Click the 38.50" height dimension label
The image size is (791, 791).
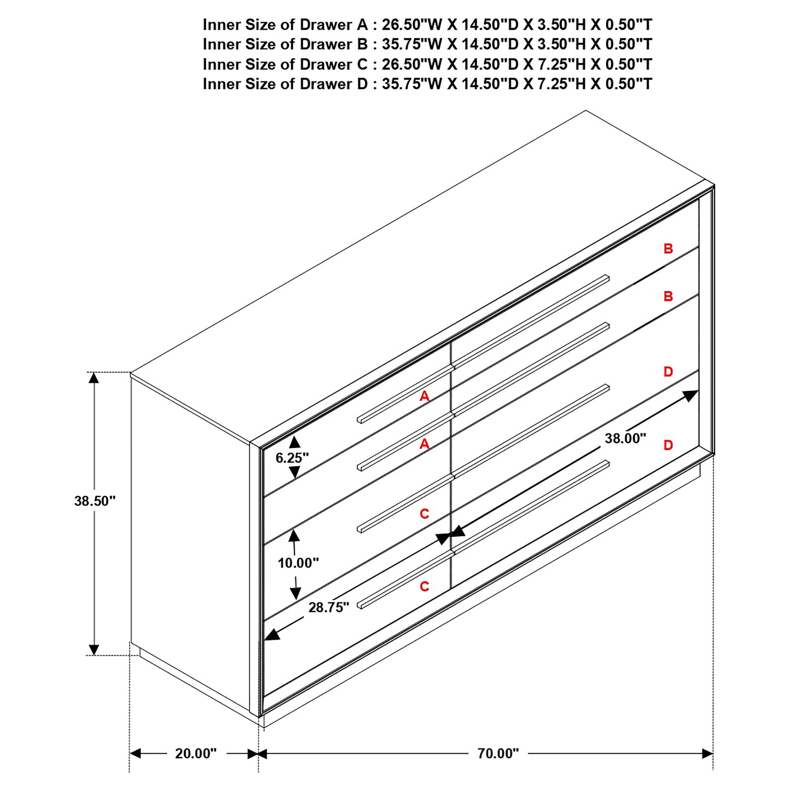coord(95,501)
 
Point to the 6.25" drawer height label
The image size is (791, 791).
coord(292,458)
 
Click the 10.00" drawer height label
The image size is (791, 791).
coord(298,563)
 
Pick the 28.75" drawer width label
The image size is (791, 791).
coord(329,607)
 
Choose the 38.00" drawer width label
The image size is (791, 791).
coord(625,438)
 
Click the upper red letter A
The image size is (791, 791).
coord(424,396)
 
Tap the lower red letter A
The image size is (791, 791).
coord(424,443)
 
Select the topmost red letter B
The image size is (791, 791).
coord(668,248)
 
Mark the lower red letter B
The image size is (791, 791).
coord(668,296)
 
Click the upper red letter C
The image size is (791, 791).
coord(424,513)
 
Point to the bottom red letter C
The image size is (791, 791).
coord(424,586)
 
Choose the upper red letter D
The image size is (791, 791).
coord(668,372)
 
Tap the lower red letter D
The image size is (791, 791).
coord(668,445)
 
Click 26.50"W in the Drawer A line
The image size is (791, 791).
coord(412,25)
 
